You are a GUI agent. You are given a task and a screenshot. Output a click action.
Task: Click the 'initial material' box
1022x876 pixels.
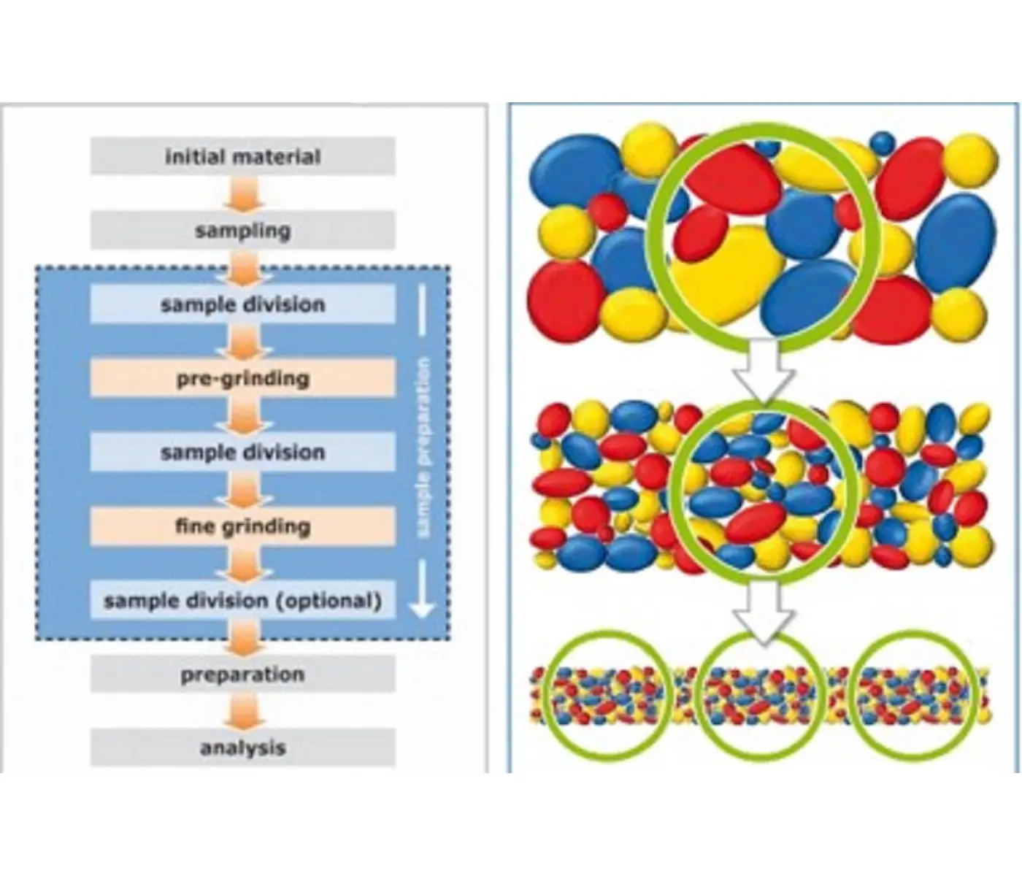[243, 156]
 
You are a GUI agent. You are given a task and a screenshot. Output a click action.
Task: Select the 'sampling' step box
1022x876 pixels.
[243, 231]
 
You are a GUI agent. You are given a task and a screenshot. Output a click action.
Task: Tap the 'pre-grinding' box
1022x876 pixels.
[243, 378]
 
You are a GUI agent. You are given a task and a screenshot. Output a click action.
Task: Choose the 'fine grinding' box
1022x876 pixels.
[243, 526]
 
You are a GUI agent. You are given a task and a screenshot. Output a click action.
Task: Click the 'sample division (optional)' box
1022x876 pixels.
[243, 600]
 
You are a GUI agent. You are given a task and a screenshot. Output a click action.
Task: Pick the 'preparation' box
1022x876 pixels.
[243, 674]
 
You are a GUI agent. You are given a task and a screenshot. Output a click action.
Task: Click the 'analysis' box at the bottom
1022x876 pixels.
[243, 748]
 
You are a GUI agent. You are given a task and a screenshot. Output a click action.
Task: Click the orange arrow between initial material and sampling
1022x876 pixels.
[243, 193]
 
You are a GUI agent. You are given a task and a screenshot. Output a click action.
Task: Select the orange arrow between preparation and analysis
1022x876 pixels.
[243, 711]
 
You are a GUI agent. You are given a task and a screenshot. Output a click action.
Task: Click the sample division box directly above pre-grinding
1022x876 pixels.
[243, 304]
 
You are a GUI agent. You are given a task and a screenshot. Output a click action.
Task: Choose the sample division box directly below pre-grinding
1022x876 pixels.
[243, 452]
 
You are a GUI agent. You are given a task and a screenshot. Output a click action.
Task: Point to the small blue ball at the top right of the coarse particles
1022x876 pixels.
[882, 142]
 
